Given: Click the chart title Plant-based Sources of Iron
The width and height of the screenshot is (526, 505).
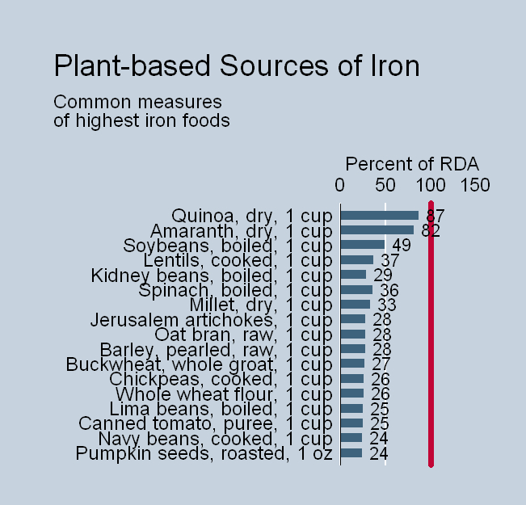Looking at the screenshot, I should tap(236, 65).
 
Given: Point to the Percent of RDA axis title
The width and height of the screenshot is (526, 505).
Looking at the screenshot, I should tap(412, 162).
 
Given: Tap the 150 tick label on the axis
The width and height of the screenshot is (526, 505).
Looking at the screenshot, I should tap(475, 185).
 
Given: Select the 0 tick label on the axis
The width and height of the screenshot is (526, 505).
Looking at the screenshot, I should tap(340, 185).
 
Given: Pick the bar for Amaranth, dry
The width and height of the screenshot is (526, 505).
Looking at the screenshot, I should tap(377, 230).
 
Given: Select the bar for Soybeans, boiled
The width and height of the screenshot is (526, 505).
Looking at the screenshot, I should tap(363, 245).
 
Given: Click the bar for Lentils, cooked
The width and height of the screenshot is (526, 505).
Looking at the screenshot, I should tap(357, 260).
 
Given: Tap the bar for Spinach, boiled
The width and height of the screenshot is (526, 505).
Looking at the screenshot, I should tap(356, 289).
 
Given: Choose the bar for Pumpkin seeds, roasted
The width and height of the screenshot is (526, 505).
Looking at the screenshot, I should tap(351, 453).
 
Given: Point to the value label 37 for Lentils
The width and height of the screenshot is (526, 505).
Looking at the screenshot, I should tap(390, 260).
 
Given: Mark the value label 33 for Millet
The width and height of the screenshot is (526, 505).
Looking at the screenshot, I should tap(387, 305).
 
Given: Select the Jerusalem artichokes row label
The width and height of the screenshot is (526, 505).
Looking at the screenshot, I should tap(212, 320).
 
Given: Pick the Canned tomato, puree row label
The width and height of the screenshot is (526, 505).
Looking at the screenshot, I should tap(205, 423).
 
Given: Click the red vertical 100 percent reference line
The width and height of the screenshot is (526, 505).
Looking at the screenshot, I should tap(431, 339).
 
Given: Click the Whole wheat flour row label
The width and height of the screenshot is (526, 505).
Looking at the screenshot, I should tap(224, 394).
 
